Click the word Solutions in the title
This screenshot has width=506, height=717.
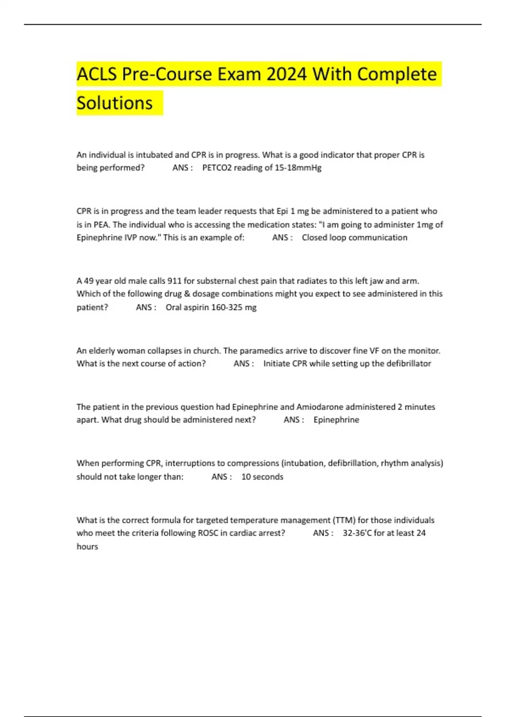click(x=115, y=103)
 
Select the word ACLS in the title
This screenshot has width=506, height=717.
click(x=97, y=74)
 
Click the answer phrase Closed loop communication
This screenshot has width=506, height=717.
click(x=354, y=237)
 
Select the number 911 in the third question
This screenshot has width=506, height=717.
click(x=174, y=281)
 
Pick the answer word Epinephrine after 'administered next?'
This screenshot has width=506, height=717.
click(x=336, y=420)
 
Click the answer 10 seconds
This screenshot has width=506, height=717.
click(x=262, y=477)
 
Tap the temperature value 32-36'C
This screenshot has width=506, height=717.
click(x=357, y=533)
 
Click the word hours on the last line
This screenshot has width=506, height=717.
click(x=87, y=547)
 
